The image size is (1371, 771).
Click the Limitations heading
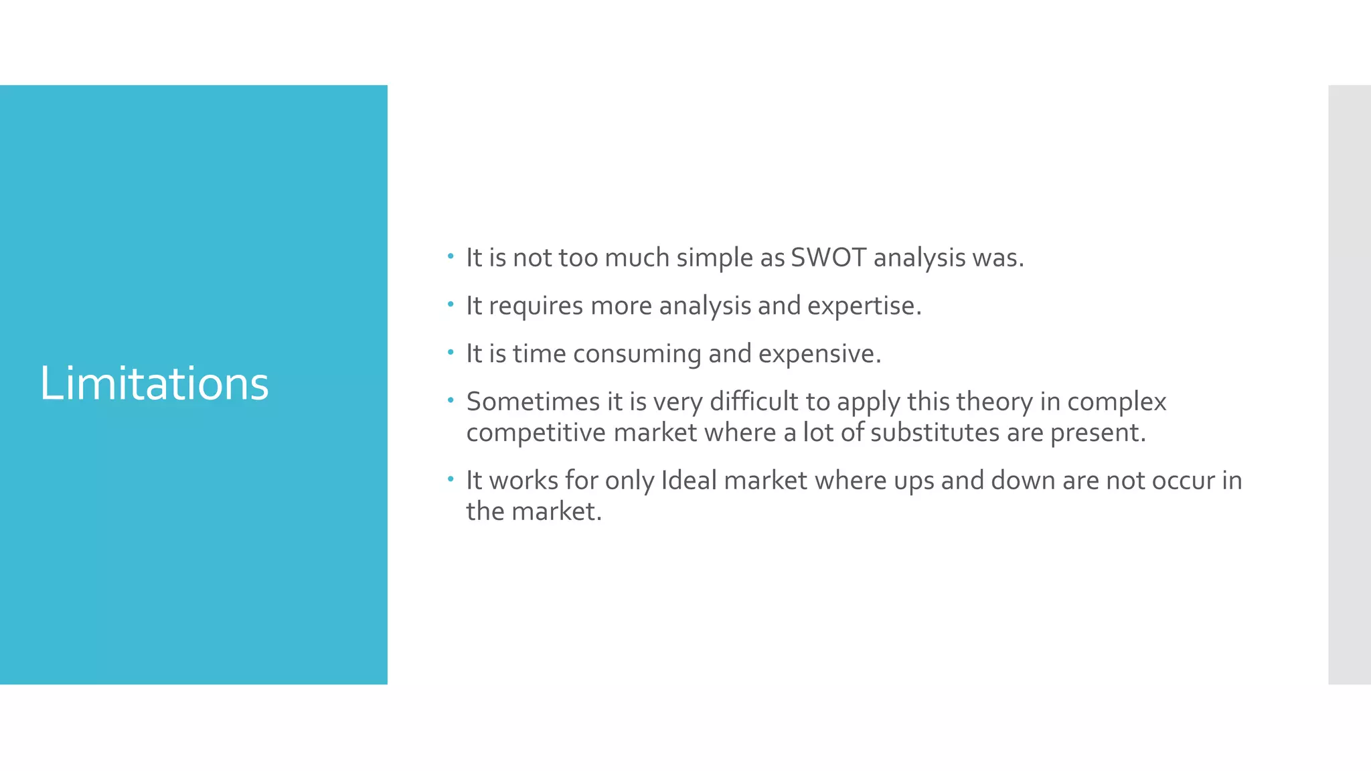point(154,383)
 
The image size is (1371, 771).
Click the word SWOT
point(828,258)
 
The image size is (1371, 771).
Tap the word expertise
point(864,306)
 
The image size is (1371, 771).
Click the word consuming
point(637,354)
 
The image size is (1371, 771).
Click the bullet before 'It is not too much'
point(451,256)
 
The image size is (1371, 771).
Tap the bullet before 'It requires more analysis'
point(451,304)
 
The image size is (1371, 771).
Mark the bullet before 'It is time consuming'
point(451,352)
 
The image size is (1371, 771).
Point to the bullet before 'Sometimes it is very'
point(451,400)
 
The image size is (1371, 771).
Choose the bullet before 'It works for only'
point(451,479)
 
